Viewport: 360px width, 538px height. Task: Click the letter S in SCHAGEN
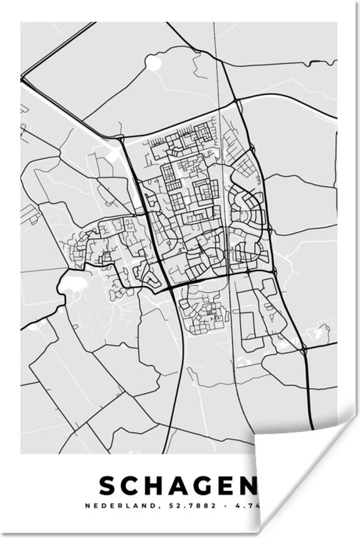[x=108, y=486]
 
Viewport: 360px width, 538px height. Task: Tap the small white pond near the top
[x=153, y=62]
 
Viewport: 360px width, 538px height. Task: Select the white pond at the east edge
[x=321, y=332]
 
